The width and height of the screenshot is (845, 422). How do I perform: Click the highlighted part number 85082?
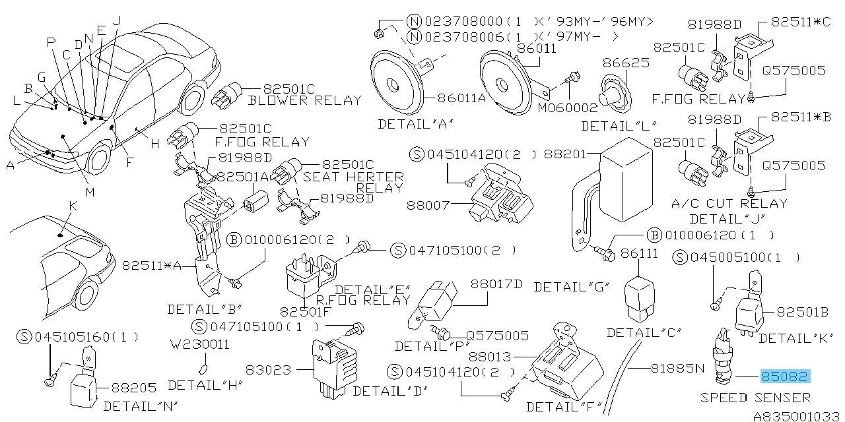[x=785, y=377]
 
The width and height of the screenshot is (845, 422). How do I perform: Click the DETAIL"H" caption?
[x=205, y=385]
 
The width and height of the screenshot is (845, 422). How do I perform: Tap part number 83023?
[x=267, y=371]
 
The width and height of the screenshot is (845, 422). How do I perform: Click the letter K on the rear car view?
[x=73, y=206]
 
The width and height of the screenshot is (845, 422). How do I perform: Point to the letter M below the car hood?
[x=90, y=192]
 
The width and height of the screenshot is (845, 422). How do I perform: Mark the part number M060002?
[x=566, y=107]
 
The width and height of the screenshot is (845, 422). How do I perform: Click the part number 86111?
[x=640, y=253]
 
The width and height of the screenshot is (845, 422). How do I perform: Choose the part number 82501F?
[x=303, y=311]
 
